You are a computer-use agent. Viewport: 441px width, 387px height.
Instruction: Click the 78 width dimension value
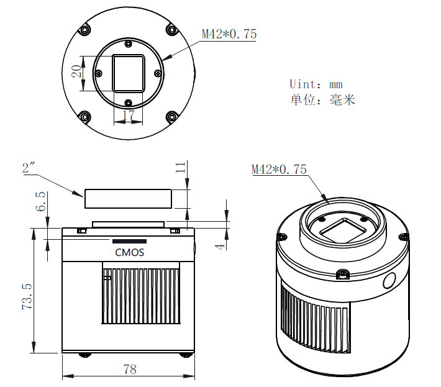(x=129, y=369)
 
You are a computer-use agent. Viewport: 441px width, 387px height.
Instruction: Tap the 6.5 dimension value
(x=41, y=202)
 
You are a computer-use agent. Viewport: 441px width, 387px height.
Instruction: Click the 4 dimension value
(x=219, y=246)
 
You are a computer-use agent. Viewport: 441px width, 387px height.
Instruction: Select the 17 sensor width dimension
(x=128, y=115)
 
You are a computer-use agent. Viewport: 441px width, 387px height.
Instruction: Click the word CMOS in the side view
(x=129, y=252)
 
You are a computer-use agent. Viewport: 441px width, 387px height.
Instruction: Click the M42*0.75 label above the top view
(x=229, y=34)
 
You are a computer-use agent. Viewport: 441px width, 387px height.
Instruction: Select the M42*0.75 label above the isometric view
(x=279, y=169)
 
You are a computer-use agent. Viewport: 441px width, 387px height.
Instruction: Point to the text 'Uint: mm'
(x=316, y=84)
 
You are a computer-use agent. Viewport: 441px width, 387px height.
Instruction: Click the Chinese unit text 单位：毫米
(x=322, y=100)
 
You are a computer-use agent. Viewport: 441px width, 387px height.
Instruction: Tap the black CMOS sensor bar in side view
(x=129, y=241)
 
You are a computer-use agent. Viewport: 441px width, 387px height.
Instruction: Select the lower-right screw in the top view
(x=171, y=115)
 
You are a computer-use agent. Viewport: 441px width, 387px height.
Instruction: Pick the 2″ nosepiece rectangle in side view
(x=128, y=199)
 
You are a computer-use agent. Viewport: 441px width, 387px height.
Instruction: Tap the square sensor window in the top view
(x=129, y=73)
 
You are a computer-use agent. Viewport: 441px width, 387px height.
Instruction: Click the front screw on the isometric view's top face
(x=341, y=274)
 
